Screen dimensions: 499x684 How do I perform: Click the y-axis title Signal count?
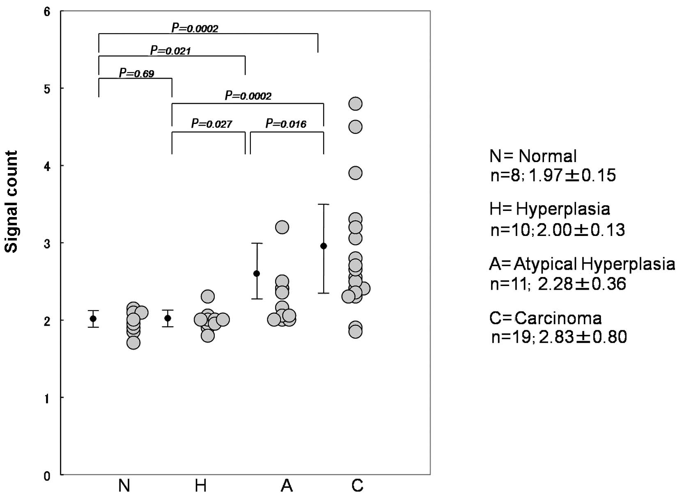pos(11,202)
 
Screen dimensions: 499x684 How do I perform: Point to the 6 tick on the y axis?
pos(47,12)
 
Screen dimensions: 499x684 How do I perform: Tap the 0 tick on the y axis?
pos(47,476)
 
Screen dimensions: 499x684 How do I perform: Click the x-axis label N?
pos(124,486)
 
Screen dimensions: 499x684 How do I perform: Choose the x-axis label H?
pos(201,486)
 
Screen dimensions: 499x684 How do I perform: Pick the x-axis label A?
pos(286,486)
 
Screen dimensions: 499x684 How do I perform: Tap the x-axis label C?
pos(357,486)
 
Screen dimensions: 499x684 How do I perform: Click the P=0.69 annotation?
pos(136,73)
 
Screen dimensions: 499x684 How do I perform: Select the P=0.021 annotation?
pos(170,51)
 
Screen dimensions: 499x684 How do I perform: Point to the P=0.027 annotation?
pos(211,124)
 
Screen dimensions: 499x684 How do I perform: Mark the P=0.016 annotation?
pos(286,124)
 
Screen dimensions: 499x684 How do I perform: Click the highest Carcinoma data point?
pos(355,104)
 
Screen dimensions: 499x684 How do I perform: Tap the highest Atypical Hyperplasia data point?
pos(282,227)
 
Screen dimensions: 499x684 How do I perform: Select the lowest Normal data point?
pos(133,342)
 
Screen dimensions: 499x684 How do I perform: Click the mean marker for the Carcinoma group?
pos(324,246)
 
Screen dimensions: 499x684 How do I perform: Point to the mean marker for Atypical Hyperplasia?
pos(257,273)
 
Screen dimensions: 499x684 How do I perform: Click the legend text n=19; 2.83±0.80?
pos(559,337)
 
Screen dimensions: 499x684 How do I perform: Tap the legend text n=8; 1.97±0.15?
pos(553,175)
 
